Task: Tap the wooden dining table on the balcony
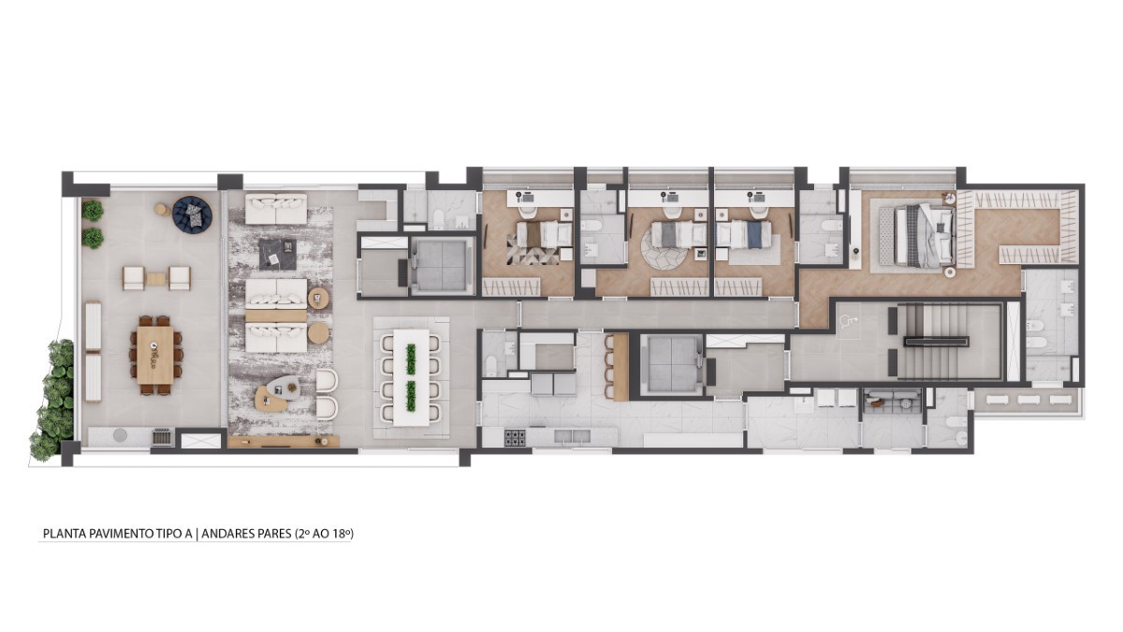tap(155, 355)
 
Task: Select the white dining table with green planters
tap(411, 377)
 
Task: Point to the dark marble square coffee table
tap(277, 254)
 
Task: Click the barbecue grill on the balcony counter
tap(163, 437)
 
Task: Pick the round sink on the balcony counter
tap(120, 434)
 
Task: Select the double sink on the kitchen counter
tap(572, 436)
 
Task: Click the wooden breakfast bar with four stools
tap(620, 367)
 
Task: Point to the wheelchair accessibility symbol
tap(847, 319)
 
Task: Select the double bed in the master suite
tap(924, 235)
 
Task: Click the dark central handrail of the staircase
tap(937, 343)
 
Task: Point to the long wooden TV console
tap(284, 441)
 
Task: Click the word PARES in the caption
tap(270, 533)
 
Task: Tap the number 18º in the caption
tap(340, 533)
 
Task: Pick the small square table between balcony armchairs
tap(155, 279)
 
